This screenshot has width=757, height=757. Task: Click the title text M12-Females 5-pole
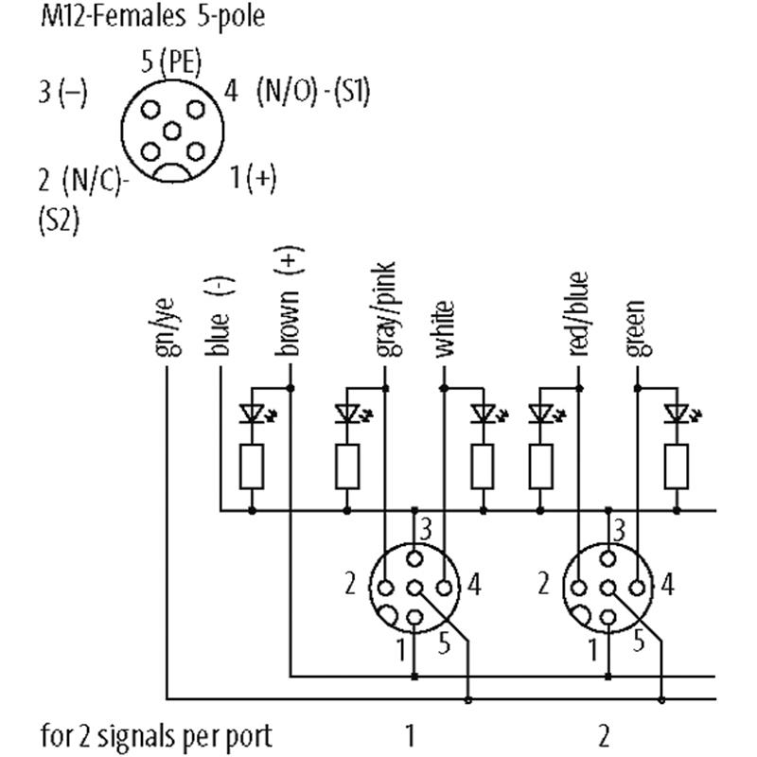pos(152,18)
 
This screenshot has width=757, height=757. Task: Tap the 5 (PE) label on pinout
pos(170,63)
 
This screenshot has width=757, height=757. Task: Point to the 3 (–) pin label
pos(62,93)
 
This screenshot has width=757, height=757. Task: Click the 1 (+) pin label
pos(254,176)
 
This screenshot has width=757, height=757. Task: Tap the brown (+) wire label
pos(288,303)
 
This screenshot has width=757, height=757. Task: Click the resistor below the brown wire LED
pos(252,466)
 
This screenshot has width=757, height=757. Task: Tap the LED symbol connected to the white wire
pos(484,414)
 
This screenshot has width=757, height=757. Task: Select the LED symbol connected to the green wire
pos(676,414)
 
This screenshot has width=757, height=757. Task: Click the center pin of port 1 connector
pos(414,587)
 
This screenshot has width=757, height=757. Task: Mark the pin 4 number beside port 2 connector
pos(668,585)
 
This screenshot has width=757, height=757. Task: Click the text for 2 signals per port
pos(155,734)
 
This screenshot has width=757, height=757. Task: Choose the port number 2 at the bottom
pos(604,734)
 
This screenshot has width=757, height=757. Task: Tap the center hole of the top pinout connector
pos(171,131)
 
